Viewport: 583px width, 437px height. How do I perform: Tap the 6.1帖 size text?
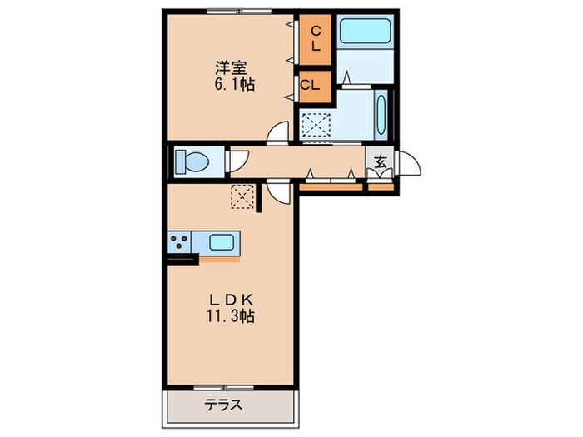[232, 84]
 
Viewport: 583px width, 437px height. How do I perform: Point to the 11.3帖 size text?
[231, 316]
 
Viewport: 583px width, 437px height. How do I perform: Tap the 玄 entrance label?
[380, 162]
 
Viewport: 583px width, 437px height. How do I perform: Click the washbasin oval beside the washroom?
[381, 116]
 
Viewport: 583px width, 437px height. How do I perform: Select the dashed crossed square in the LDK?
[242, 196]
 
